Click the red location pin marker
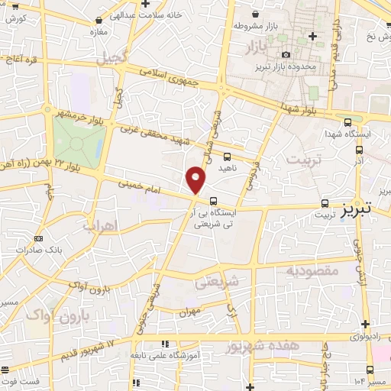(x=195, y=180)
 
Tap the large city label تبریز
(x=355, y=205)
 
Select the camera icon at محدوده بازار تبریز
(x=286, y=54)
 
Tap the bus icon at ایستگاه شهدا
(x=348, y=121)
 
